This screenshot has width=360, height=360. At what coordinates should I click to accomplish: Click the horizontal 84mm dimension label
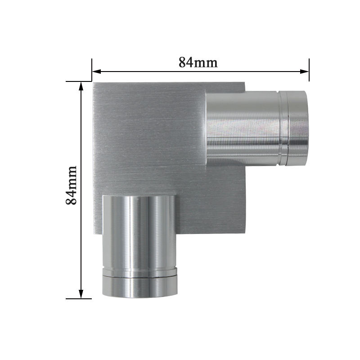(198, 62)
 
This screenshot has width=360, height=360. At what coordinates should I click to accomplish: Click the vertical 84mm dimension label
(72, 185)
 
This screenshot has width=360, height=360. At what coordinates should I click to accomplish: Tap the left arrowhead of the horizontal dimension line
(96, 71)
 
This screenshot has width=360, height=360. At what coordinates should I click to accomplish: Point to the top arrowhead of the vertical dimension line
(81, 86)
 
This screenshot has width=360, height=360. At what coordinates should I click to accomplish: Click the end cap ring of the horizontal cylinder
(297, 127)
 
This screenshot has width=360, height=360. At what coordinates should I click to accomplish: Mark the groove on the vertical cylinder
(139, 275)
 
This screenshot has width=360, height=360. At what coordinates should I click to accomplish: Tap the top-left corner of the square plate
(93, 83)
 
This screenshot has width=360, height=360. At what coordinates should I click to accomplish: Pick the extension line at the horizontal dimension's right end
(309, 70)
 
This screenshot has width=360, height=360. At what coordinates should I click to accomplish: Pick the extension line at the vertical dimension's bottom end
(79, 298)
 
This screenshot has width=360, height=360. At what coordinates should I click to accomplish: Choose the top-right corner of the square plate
(244, 83)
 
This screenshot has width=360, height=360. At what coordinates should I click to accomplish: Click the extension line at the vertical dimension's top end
(79, 81)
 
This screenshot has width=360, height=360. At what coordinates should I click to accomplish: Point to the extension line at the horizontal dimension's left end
(92, 70)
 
